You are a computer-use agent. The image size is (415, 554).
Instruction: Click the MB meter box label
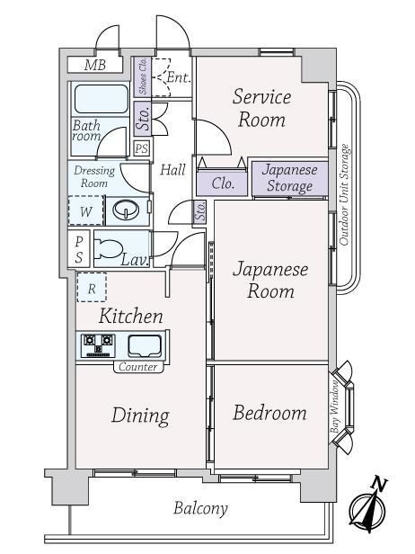95,66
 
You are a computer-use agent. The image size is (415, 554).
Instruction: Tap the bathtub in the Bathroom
101,99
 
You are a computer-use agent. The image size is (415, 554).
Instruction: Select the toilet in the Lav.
108,248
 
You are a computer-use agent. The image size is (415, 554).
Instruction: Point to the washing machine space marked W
86,210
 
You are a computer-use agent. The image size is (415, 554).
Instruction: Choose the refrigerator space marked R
92,288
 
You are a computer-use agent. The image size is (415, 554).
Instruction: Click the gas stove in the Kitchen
98,345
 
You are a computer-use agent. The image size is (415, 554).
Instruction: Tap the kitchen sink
145,346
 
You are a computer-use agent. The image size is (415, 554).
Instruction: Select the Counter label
138,367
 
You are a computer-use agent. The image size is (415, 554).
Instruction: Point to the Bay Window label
334,407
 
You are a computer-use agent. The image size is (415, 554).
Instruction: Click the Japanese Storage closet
290,178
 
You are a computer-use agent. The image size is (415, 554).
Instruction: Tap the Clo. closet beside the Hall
223,183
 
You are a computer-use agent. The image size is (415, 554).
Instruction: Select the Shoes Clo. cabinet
143,77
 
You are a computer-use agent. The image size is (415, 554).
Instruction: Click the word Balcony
200,509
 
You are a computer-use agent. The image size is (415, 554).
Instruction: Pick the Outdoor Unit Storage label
344,194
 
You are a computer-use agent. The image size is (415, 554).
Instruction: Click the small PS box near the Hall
142,148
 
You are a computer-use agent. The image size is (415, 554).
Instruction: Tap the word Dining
140,415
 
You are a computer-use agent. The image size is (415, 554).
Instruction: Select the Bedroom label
269,413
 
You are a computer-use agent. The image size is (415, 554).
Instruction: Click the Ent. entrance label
179,77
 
